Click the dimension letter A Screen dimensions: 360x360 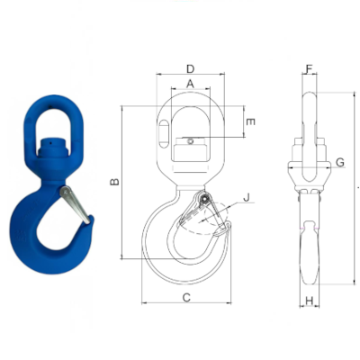(x=190, y=83)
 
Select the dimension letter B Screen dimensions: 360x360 (x=114, y=183)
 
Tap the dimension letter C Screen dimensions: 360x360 (x=186, y=297)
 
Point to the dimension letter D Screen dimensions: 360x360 (x=190, y=68)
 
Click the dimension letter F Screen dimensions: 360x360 (x=309, y=69)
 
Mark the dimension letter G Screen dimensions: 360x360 (x=339, y=162)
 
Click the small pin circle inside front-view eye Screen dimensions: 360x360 (x=191, y=138)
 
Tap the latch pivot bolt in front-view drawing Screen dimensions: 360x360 (x=206, y=199)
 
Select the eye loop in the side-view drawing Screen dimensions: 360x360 (x=309, y=112)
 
